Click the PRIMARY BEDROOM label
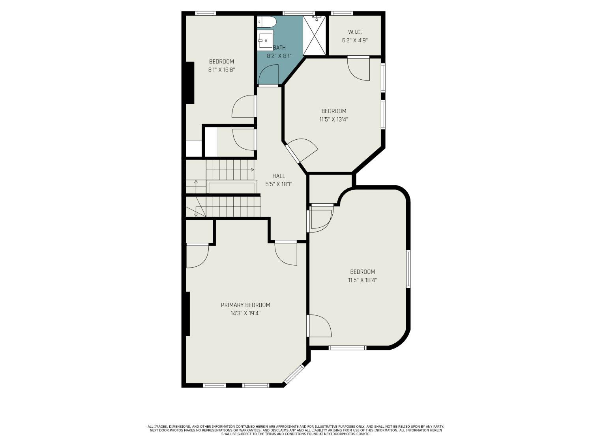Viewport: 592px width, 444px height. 245,305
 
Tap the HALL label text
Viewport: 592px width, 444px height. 279,176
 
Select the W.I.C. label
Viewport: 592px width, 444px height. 355,32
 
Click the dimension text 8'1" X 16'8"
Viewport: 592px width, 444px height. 221,70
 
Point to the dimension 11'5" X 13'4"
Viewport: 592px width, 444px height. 333,120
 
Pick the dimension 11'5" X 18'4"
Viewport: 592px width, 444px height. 362,280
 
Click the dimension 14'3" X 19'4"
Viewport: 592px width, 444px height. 245,313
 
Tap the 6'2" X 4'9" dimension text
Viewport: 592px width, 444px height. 355,41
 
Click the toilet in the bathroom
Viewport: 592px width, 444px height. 266,22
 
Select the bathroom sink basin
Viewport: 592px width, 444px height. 265,40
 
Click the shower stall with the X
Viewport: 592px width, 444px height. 315,36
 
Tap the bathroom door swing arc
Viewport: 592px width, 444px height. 268,75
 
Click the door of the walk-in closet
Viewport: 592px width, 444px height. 358,69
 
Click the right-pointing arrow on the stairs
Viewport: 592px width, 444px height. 252,170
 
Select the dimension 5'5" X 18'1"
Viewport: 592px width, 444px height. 279,185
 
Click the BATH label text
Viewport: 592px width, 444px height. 279,48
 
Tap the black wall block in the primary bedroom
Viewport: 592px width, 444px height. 188,314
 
